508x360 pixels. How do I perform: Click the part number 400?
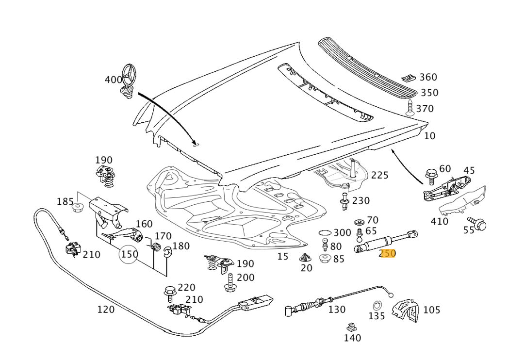(x=113, y=80)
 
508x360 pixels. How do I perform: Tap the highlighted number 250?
(x=388, y=253)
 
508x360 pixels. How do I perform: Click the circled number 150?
(x=130, y=254)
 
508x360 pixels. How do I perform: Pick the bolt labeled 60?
(x=430, y=175)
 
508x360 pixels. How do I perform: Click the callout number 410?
(x=440, y=222)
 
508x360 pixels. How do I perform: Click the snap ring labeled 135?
(x=377, y=305)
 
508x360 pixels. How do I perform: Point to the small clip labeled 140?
(x=352, y=327)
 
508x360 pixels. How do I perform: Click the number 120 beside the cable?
(x=106, y=310)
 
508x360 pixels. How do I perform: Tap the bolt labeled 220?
(x=170, y=292)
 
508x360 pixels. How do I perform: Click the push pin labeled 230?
(x=344, y=201)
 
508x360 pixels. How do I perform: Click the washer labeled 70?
(x=360, y=222)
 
